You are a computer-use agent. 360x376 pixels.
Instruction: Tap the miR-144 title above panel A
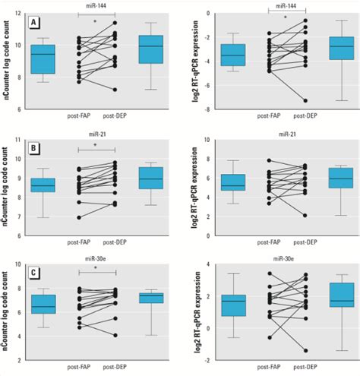coord(96,5)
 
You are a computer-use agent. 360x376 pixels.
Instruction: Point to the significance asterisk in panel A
coord(96,21)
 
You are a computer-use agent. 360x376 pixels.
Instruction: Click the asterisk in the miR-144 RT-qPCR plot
coord(285,16)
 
